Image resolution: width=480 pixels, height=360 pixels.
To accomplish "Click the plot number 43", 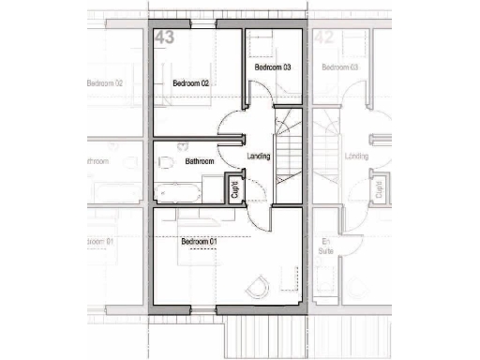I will point(165,38).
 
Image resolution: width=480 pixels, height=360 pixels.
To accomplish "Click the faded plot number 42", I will point(325,38).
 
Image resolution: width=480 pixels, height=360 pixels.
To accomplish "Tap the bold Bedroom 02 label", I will point(190,83).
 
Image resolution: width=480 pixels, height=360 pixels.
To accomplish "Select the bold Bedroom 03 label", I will point(273,67).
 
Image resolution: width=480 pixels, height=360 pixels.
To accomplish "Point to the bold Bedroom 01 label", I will point(199,242).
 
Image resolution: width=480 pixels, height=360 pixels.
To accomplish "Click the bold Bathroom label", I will point(199,161).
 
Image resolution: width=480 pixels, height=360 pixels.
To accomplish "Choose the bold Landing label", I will point(258,156).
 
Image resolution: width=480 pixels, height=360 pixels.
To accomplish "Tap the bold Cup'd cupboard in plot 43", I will point(234,188).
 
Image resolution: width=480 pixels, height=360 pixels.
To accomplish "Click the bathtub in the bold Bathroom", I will point(176,192).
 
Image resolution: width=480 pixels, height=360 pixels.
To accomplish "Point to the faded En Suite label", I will point(326,247).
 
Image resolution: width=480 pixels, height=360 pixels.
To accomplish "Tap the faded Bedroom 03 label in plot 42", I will point(339,67).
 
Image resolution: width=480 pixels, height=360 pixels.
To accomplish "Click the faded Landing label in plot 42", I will point(356,156).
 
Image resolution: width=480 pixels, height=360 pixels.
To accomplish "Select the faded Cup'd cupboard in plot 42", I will point(381,188).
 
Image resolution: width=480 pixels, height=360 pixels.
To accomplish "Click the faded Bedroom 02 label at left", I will point(106,83).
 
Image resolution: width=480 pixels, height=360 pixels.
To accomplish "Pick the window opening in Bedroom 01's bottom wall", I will point(184,308).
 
